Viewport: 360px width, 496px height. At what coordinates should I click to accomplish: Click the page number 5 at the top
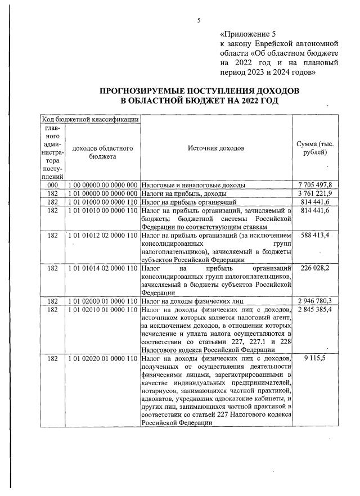coord(199,21)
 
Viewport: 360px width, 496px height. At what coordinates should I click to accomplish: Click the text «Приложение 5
coord(248,34)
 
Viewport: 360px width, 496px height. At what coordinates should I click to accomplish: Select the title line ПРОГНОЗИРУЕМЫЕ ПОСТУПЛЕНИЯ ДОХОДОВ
coord(200,91)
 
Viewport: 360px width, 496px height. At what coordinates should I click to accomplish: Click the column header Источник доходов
coord(216,148)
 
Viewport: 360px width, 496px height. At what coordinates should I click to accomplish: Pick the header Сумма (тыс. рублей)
coord(314,148)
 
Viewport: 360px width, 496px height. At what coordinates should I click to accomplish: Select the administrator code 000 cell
coord(52,184)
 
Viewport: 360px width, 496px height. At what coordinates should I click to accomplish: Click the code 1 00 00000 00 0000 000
coord(102,184)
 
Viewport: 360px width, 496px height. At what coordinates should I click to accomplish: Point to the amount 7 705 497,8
coord(315,184)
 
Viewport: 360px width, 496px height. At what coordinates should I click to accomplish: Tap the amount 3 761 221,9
coord(315,193)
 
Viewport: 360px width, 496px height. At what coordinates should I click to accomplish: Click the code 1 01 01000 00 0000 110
coord(102,201)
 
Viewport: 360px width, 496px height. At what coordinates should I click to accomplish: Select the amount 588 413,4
coord(315,233)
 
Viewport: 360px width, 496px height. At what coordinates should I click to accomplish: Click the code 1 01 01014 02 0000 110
coord(102,268)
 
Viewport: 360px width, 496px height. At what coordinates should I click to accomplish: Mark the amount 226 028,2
coord(315,268)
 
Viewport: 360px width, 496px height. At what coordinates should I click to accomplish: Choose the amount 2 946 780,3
coord(315,301)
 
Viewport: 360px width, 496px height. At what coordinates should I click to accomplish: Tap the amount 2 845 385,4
coord(315,309)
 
